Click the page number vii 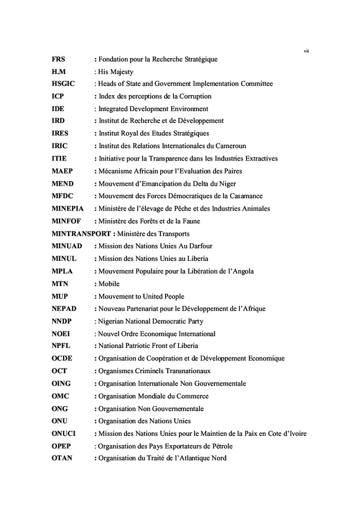[x=306, y=50]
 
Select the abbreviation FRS [x=58, y=59]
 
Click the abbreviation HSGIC [x=63, y=84]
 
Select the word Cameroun [x=232, y=146]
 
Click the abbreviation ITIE [x=59, y=158]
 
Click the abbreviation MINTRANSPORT [x=82, y=234]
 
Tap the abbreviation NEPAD [x=64, y=309]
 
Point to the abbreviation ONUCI [x=63, y=434]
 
